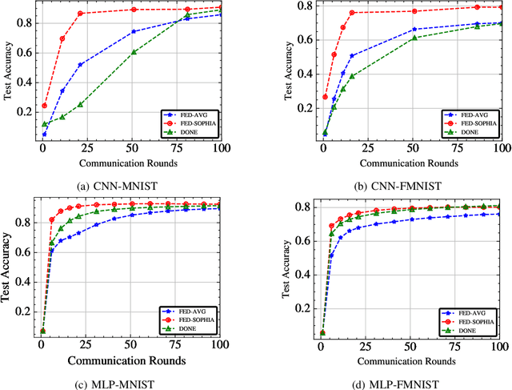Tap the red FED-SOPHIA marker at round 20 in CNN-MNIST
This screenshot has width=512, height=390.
(81, 14)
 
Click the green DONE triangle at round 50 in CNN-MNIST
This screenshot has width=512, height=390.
(134, 52)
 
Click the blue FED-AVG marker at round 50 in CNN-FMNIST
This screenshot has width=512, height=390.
(414, 30)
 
